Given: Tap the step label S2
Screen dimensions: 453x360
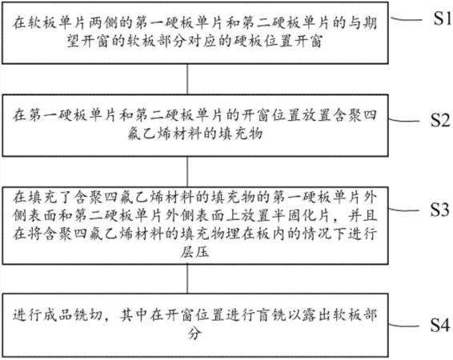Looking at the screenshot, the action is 440,120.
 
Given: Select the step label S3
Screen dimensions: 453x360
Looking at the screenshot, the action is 440,210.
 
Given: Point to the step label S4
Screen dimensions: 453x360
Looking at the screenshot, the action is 440,325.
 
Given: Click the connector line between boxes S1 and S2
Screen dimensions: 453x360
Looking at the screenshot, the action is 187,79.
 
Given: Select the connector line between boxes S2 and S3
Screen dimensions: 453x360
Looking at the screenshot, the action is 187,172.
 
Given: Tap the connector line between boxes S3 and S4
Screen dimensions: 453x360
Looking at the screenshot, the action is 187,279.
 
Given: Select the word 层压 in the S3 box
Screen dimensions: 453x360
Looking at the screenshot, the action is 194,252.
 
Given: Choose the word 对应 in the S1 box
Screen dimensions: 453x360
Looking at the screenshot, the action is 209,41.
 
